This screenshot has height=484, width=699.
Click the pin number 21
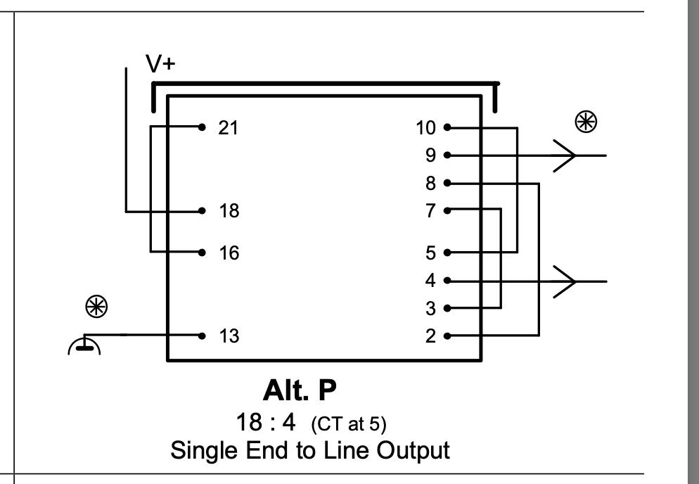tap(229, 128)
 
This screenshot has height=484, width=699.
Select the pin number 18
tap(229, 210)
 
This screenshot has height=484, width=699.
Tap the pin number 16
tap(229, 253)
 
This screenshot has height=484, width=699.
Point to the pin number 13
tap(229, 336)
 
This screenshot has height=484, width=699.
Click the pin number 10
tap(426, 128)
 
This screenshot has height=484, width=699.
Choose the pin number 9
tap(430, 155)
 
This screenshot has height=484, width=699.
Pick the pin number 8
tap(430, 183)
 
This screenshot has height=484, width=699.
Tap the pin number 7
tap(430, 210)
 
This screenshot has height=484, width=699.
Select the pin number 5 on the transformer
tap(430, 253)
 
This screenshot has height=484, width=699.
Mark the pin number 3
tap(430, 308)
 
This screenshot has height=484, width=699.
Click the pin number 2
tap(430, 336)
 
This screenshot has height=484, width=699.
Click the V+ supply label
tap(161, 65)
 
